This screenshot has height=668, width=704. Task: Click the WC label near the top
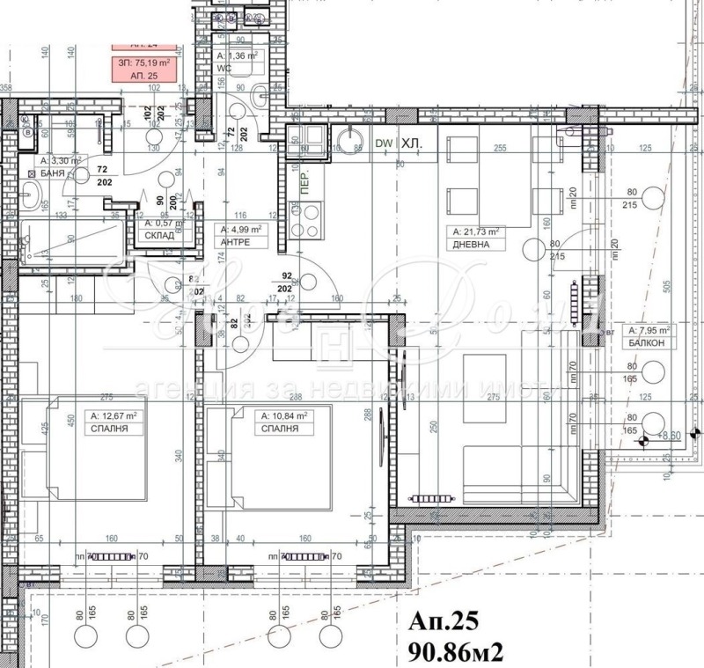(225, 66)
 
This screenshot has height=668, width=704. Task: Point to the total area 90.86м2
(455, 651)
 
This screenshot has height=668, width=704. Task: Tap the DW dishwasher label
(383, 143)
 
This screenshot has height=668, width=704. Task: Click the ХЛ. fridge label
(411, 143)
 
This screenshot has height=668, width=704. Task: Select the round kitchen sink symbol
(349, 141)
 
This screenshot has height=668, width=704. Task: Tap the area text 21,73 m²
(476, 232)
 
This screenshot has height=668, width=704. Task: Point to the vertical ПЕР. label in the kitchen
(304, 184)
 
